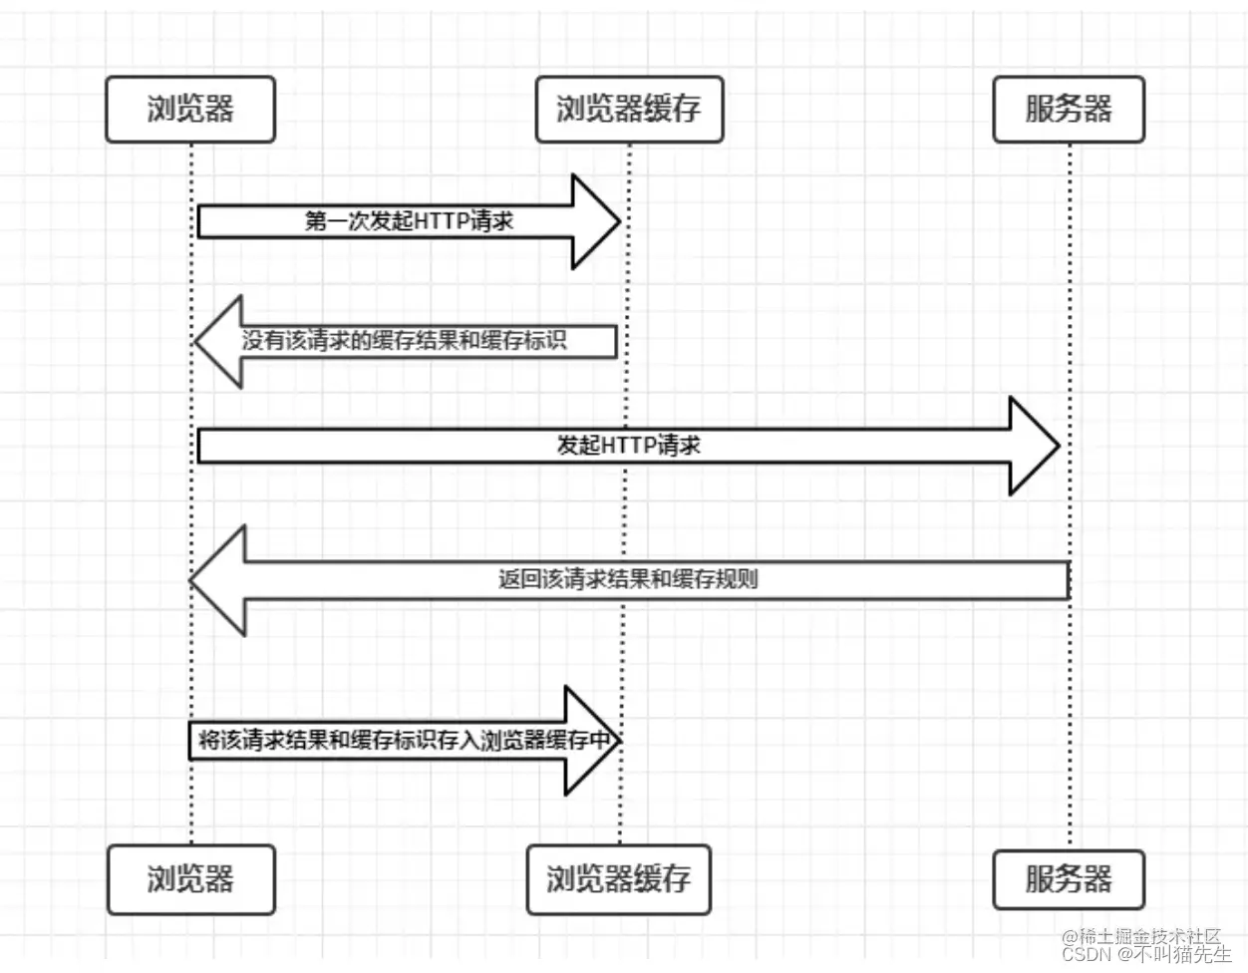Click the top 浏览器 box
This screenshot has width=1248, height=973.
[189, 109]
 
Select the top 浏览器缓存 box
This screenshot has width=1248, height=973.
[628, 109]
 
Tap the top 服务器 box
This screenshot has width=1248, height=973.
[1068, 109]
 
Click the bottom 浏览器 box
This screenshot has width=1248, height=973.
[189, 879]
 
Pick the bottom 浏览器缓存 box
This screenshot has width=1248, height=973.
[618, 879]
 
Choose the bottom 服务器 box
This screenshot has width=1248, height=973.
[1068, 879]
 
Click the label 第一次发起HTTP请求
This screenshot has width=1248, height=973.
[409, 221]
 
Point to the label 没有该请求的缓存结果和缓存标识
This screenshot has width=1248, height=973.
[404, 341]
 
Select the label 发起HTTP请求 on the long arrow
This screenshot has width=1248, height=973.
[628, 446]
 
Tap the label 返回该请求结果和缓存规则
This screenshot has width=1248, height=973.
[628, 579]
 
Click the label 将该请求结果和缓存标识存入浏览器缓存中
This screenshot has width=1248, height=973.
[403, 741]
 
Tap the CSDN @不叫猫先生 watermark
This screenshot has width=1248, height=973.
[1146, 955]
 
